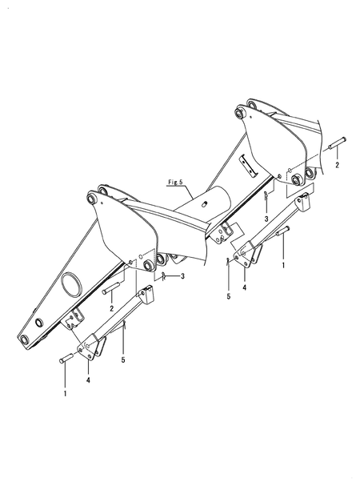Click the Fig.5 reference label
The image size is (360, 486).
[175, 182]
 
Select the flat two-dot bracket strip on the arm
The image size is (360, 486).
[248, 166]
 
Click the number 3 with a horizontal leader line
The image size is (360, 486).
[182, 275]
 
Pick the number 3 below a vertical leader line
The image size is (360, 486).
[266, 219]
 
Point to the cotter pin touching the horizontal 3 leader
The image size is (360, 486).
[164, 275]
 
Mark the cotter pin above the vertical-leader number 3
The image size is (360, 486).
[266, 195]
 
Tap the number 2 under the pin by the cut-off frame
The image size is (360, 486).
[337, 165]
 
